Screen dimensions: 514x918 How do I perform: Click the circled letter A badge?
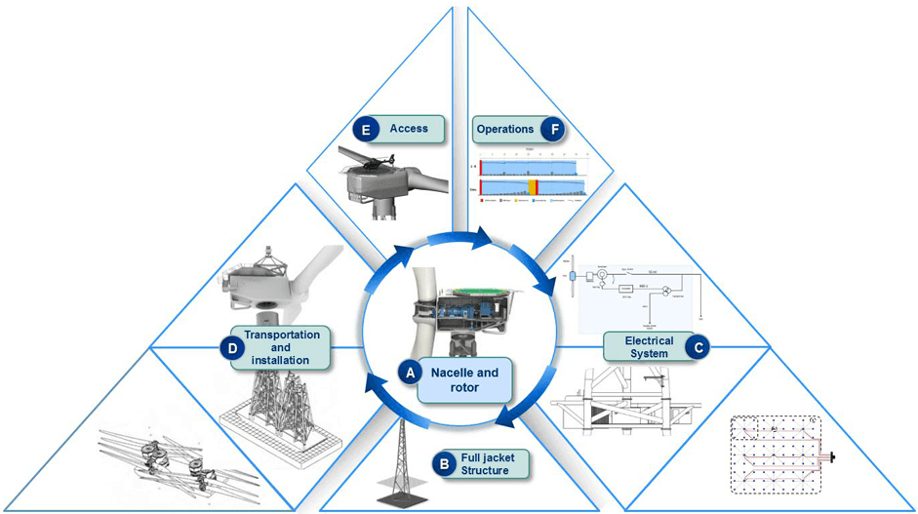[411, 371]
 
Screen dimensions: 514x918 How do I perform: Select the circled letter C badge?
[697, 344]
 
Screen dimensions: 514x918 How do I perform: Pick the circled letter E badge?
[364, 130]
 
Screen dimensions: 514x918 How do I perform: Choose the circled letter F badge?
[555, 129]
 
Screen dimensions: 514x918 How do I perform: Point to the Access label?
[408, 129]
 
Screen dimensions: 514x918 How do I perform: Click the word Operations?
[505, 129]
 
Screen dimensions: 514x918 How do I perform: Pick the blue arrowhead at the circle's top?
[485, 236]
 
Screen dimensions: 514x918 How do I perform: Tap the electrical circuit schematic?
[639, 288]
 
